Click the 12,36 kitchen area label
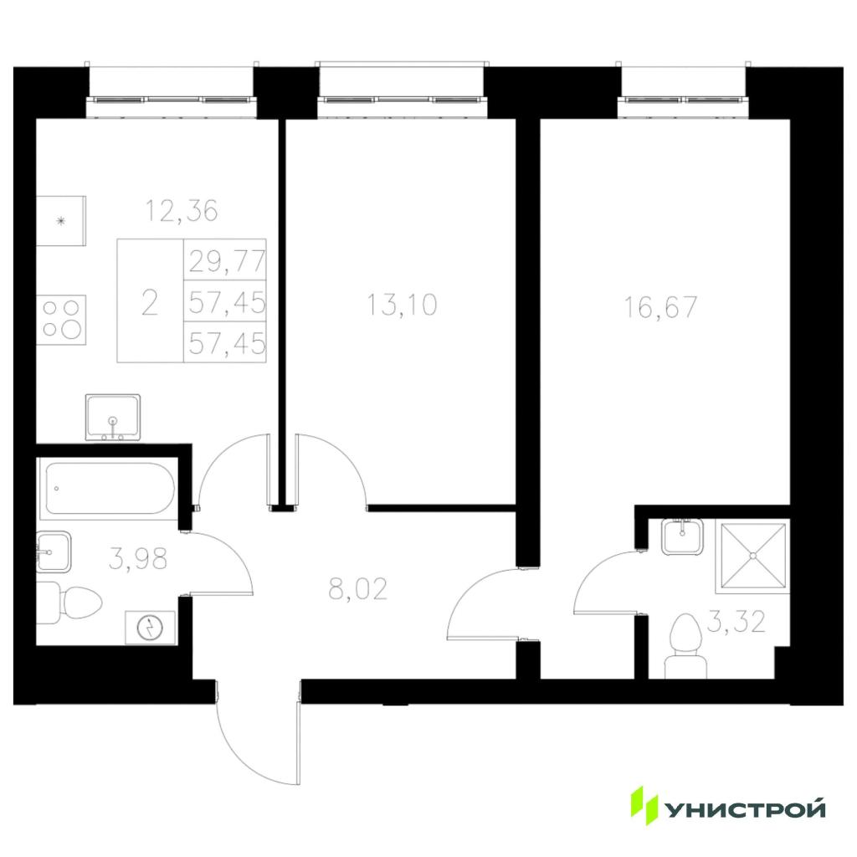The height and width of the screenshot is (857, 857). point(182,211)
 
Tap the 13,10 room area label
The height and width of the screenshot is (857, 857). point(403,305)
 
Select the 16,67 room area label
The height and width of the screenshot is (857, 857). point(661,307)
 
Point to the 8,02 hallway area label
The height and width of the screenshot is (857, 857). point(358,589)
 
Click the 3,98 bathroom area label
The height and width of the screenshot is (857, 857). point(138,559)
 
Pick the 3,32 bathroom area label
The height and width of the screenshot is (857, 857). point(736,622)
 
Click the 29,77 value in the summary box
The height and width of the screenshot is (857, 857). point(227,261)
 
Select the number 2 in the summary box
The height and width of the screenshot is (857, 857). point(149,303)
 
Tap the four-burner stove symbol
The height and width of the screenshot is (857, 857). point(61,320)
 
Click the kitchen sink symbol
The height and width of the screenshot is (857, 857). point(113,418)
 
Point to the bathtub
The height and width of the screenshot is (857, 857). point(110,489)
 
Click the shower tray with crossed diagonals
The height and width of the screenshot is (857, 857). point(752,556)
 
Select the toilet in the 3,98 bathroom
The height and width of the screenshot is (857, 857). point(69,603)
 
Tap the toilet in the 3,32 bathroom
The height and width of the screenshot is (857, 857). point(685,646)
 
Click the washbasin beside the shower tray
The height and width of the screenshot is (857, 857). point(682,537)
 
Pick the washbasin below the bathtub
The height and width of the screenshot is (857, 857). point(54,552)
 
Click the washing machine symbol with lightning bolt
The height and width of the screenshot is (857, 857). point(151,628)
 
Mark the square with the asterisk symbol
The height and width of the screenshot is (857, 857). point(61,221)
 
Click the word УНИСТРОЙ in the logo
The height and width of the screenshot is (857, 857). point(744,809)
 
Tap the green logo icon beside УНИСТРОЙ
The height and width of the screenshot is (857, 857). point(644,805)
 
